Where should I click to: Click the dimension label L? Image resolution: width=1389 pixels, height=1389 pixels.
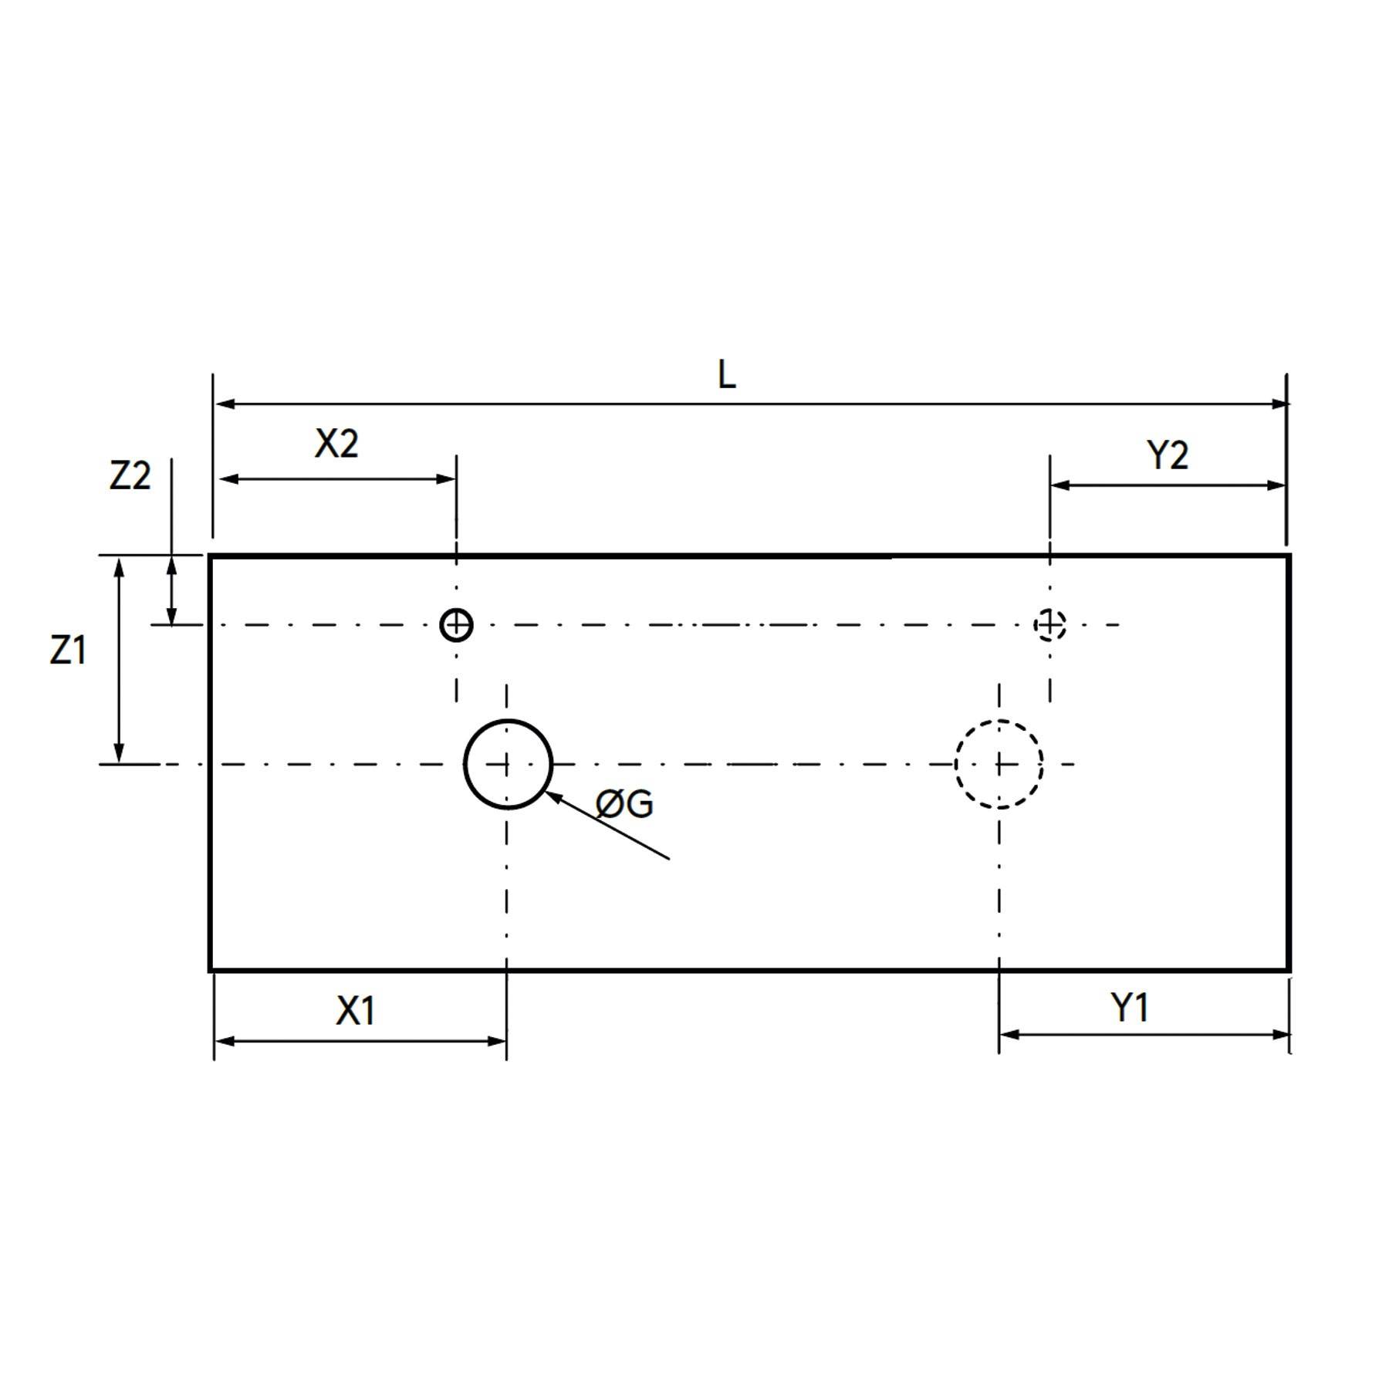pos(726,376)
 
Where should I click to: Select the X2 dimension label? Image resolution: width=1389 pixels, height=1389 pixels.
pos(336,444)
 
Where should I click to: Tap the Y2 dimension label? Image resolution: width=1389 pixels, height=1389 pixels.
pos(1168,455)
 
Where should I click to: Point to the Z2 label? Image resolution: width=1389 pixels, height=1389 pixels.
pos(130,476)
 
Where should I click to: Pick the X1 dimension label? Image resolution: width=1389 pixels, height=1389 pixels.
pos(356,1010)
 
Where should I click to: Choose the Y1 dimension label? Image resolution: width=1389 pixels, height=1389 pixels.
pos(1130,1008)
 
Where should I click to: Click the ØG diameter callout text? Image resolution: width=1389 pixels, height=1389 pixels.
pos(624,805)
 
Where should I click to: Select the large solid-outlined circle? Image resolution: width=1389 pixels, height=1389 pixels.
pos(508,764)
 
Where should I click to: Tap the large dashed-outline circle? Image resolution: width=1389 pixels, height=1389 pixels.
pos(999,764)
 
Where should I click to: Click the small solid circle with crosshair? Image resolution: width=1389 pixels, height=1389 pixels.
pos(456,624)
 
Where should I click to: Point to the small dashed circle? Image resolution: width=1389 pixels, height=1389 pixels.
pos(1049,624)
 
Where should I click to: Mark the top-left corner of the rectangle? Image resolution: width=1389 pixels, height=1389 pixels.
pos(210,556)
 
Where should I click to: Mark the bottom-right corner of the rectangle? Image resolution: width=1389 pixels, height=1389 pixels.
pos(1289,969)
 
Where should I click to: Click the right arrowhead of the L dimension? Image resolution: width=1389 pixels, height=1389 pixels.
pos(1280,404)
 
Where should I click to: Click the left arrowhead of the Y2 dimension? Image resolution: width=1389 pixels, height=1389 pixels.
pos(1059,485)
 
